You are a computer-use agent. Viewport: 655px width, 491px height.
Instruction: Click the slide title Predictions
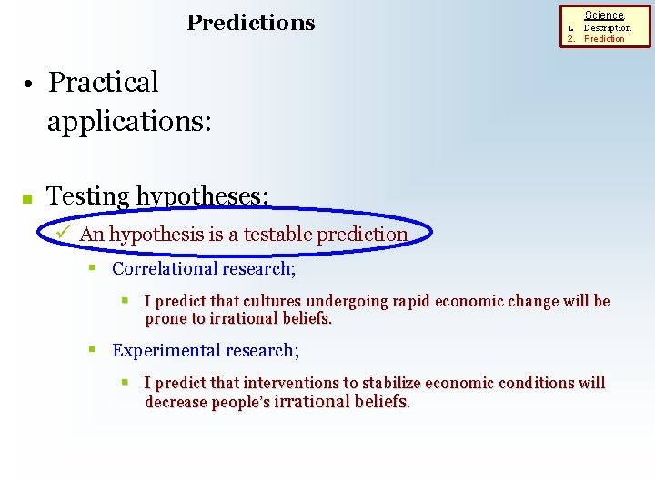pyautogui.click(x=250, y=23)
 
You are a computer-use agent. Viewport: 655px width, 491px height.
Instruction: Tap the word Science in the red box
pyautogui.click(x=604, y=15)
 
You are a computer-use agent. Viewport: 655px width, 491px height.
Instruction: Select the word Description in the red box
pyautogui.click(x=607, y=27)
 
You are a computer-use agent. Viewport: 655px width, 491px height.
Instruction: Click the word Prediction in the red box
pyautogui.click(x=604, y=39)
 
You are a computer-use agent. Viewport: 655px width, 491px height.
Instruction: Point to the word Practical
pyautogui.click(x=103, y=83)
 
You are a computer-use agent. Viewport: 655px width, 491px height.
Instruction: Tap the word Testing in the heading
pyautogui.click(x=87, y=195)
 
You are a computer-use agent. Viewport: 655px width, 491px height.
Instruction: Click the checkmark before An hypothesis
pyautogui.click(x=63, y=233)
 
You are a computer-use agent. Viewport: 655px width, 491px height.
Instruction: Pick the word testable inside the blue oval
pyautogui.click(x=270, y=234)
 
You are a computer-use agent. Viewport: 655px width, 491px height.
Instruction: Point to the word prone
pyautogui.click(x=165, y=319)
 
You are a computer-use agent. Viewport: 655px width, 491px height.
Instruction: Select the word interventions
pyautogui.click(x=287, y=383)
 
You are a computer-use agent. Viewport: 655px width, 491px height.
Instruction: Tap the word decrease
pyautogui.click(x=176, y=402)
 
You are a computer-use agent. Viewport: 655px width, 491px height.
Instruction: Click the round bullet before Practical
pyautogui.click(x=29, y=85)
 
